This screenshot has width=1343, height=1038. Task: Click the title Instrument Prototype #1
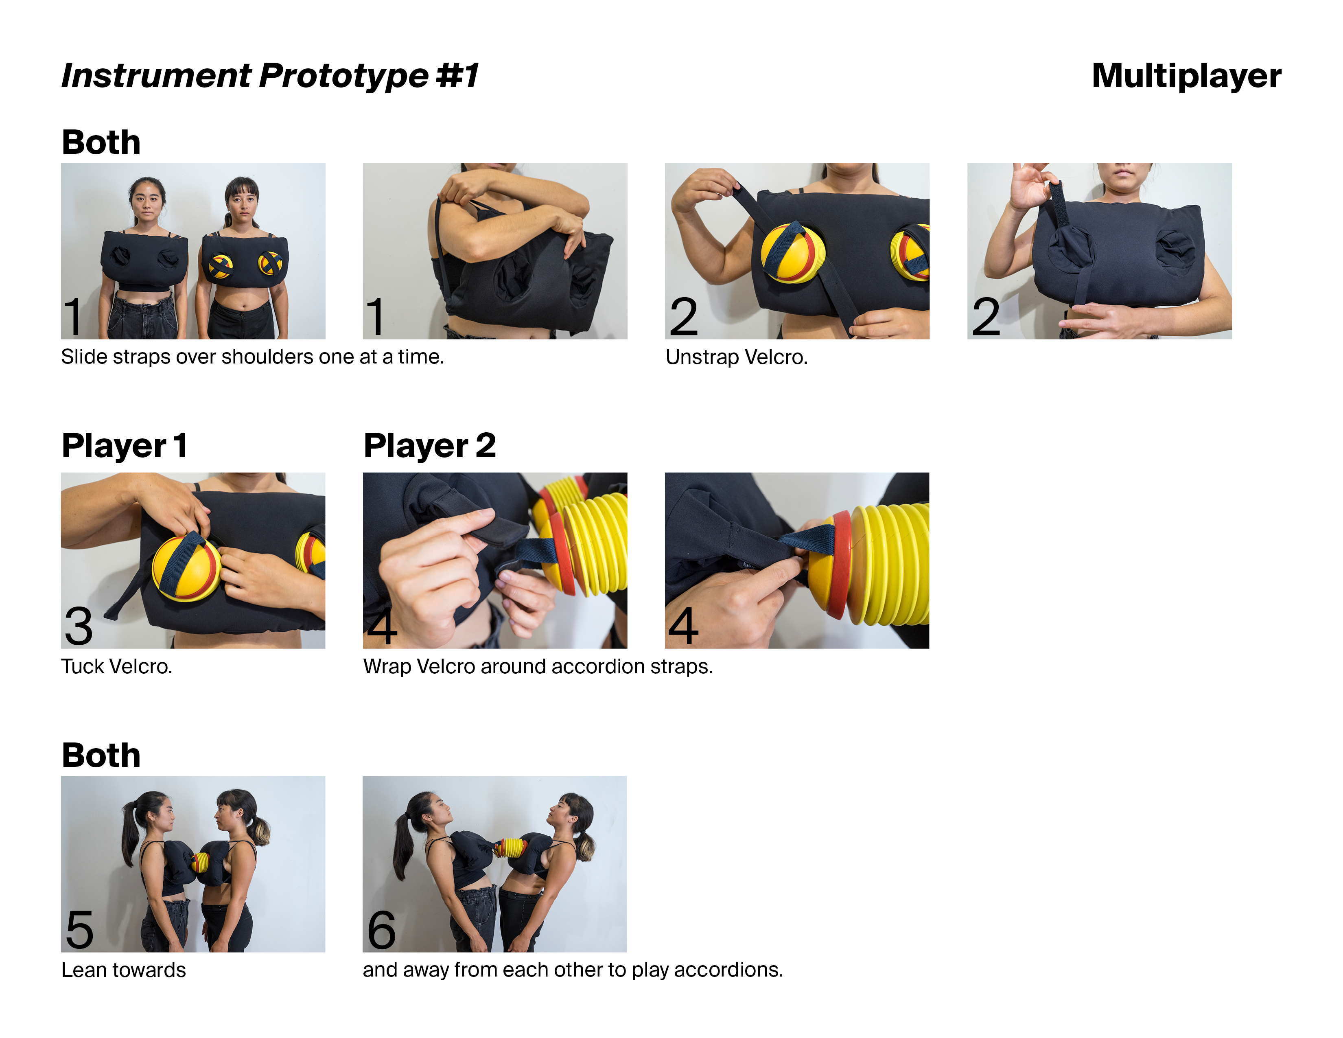tap(270, 76)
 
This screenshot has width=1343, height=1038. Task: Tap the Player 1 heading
tap(124, 445)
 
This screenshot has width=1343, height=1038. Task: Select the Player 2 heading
tap(429, 445)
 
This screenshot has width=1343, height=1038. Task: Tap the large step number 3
tap(79, 626)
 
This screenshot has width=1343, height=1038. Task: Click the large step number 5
tap(79, 930)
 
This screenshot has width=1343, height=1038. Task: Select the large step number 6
tap(381, 930)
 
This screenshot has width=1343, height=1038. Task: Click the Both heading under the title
tap(101, 142)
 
